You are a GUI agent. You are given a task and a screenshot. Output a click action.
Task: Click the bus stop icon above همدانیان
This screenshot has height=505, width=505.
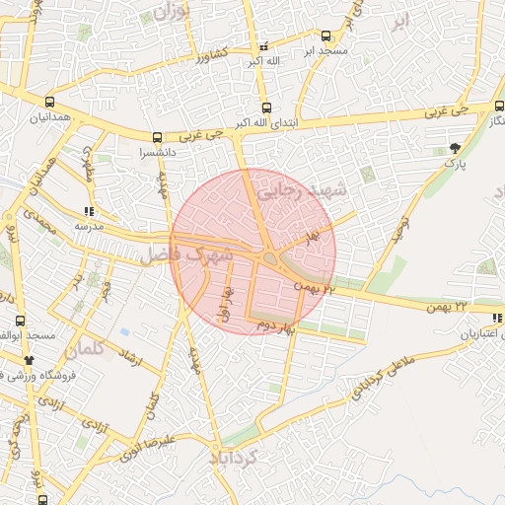coord(49,100)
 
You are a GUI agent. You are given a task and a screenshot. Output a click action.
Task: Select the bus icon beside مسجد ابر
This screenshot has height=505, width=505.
coord(325,36)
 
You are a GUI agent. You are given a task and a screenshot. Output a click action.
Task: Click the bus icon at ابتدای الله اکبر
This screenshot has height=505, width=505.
coord(266,108)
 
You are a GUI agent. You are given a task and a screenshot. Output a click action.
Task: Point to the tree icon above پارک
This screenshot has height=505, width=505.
coord(455,146)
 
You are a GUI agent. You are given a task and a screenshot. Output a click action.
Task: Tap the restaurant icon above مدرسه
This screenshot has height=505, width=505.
coord(89,211)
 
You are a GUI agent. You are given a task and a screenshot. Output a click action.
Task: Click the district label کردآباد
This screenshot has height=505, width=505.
coord(234,458)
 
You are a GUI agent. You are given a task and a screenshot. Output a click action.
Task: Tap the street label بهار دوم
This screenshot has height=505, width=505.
coord(277,325)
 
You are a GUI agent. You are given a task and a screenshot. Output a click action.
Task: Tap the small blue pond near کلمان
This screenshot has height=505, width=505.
coord(124,331)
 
